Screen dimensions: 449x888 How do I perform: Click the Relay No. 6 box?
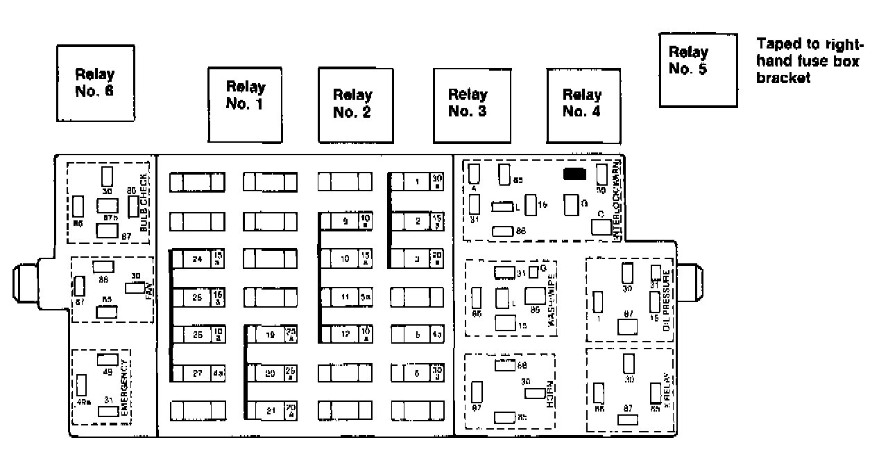click(94, 83)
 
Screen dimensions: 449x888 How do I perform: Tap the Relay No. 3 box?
click(468, 103)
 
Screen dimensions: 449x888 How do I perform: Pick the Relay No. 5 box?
click(697, 69)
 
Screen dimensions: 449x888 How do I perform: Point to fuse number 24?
click(198, 259)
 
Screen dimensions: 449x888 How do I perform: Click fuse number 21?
click(271, 411)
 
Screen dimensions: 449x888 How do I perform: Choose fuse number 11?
click(345, 297)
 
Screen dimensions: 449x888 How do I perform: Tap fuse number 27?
click(198, 373)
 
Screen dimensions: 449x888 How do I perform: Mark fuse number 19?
click(271, 335)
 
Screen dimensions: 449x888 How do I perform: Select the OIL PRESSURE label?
click(667, 300)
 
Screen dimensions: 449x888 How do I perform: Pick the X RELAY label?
click(667, 393)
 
